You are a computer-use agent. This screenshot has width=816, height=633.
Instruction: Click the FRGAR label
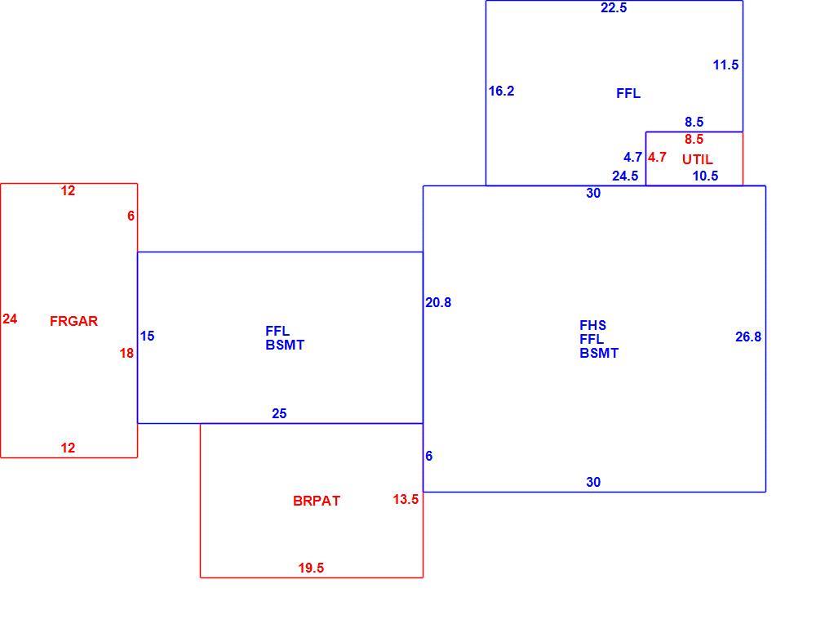pyautogui.click(x=74, y=321)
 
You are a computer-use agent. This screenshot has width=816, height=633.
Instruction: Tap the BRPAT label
pyautogui.click(x=317, y=501)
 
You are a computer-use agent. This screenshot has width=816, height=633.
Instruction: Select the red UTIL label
pyautogui.click(x=698, y=159)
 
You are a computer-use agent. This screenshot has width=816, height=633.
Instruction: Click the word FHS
pyautogui.click(x=592, y=325)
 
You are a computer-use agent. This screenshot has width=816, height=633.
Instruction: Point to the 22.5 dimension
pyautogui.click(x=614, y=8)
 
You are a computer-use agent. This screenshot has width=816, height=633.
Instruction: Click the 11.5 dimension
pyautogui.click(x=726, y=65)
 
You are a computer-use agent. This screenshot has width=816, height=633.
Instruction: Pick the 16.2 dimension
pyautogui.click(x=501, y=91)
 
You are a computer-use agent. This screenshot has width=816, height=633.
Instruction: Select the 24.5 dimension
pyautogui.click(x=625, y=176)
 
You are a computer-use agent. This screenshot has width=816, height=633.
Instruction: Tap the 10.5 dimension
pyautogui.click(x=705, y=176)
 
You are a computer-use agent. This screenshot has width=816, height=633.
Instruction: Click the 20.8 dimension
pyautogui.click(x=438, y=303)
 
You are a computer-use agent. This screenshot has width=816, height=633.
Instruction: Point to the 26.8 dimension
pyautogui.click(x=748, y=337)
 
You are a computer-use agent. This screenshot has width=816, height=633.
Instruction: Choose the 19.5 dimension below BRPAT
pyautogui.click(x=311, y=568)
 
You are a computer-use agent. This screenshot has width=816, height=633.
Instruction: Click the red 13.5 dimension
pyautogui.click(x=406, y=500)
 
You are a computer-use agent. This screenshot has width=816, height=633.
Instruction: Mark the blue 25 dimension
pyautogui.click(x=279, y=413)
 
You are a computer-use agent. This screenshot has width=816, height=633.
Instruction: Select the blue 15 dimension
pyautogui.click(x=147, y=336)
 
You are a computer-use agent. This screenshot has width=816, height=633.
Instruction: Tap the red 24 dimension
pyautogui.click(x=10, y=319)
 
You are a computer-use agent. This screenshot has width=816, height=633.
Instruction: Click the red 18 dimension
pyautogui.click(x=126, y=353)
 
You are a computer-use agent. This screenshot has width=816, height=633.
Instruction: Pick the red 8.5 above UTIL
pyautogui.click(x=694, y=139)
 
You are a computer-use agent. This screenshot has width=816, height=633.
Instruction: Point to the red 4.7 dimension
pyautogui.click(x=657, y=157)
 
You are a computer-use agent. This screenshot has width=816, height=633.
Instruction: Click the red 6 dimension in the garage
pyautogui.click(x=131, y=216)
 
